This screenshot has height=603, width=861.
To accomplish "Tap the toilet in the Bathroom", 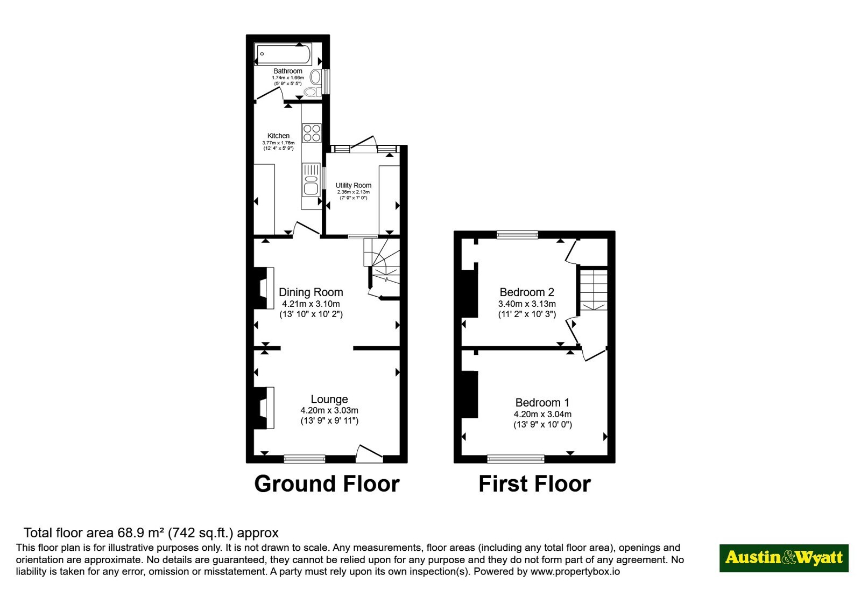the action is pos(313,92).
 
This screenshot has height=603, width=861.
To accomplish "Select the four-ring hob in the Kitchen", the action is pos(312,132).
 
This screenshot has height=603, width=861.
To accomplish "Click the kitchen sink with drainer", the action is pos(311,180).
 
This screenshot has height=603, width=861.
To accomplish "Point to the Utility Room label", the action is pos(353,185).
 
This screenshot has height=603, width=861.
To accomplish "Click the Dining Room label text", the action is pos(310,292).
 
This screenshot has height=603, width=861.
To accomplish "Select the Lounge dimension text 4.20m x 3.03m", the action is pos(329,411).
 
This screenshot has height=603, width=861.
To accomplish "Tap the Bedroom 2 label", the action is pos(527,292).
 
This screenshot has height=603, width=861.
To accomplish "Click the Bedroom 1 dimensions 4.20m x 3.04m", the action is pos(542,415).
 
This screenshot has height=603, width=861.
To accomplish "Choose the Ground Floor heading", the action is pos(327,484).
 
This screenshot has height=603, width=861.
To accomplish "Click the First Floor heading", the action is pos(534,484).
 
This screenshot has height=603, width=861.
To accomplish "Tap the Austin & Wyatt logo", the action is pos(784,558).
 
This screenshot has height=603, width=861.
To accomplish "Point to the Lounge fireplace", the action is pos(264,408).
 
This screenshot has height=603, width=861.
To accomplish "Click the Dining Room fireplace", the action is pos(264,288).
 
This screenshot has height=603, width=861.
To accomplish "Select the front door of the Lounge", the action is pos(370,454).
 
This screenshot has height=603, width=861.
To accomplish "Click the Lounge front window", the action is pos(305,458).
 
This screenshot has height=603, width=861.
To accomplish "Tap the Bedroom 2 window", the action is pos(517,235).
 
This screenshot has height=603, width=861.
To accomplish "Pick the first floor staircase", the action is pos(594,290).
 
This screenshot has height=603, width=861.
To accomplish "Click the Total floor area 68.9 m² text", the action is pos(151,533).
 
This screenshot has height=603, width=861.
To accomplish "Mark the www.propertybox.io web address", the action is pos(575,572).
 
